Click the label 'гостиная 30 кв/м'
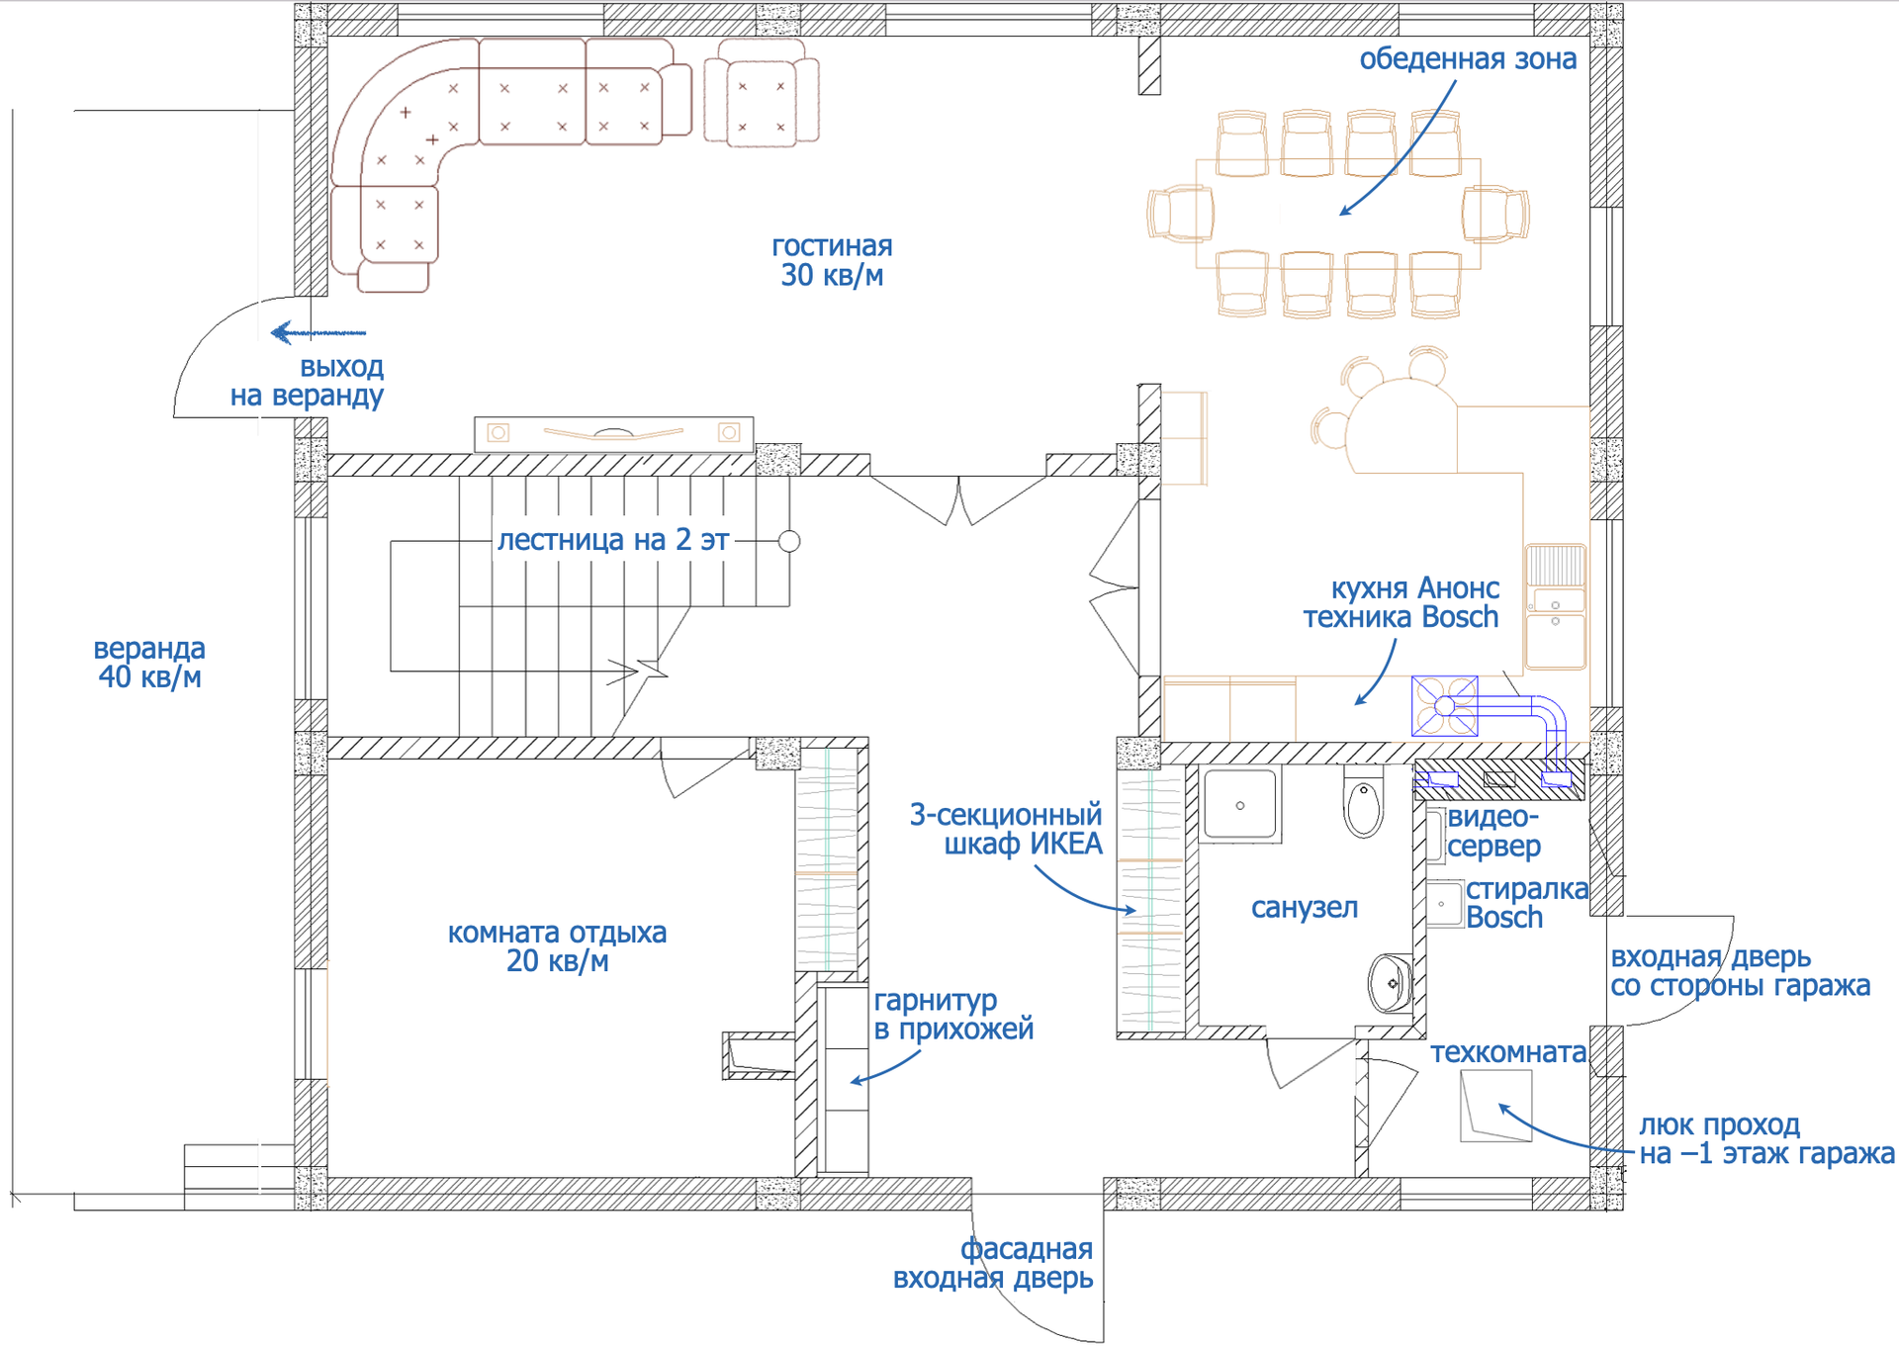pyautogui.click(x=832, y=261)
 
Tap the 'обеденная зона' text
pyautogui.click(x=1468, y=59)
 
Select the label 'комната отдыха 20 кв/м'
pyautogui.click(x=557, y=946)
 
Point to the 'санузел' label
pyautogui.click(x=1305, y=908)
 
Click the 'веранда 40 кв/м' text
pyautogui.click(x=149, y=663)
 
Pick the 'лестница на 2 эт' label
pyautogui.click(x=613, y=540)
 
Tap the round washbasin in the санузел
pyautogui.click(x=1391, y=983)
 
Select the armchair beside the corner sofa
pyautogui.click(x=762, y=95)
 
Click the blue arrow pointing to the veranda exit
pyautogui.click(x=318, y=332)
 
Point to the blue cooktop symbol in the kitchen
pyautogui.click(x=1444, y=706)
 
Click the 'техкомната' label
pyautogui.click(x=1508, y=1053)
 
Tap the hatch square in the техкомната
pyautogui.click(x=1495, y=1106)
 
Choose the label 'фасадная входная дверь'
pyautogui.click(x=993, y=1264)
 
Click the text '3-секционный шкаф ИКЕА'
pyautogui.click(x=1006, y=829)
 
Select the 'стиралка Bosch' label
pyautogui.click(x=1526, y=903)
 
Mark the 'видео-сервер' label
pyautogui.click(x=1493, y=832)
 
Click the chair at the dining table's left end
pyautogui.click(x=1180, y=213)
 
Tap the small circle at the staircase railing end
pyautogui.click(x=789, y=541)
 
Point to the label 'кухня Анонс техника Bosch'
pyautogui.click(x=1401, y=602)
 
